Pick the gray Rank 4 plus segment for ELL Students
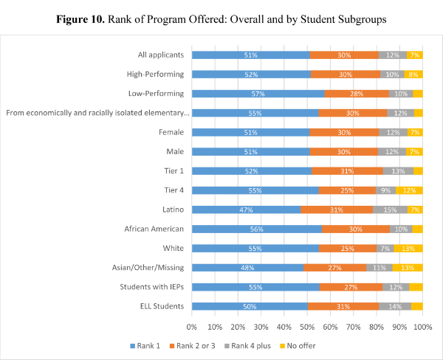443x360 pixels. [x=395, y=306]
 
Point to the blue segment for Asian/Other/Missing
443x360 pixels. [x=247, y=267]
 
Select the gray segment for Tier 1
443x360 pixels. [x=397, y=171]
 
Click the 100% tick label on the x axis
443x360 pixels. [x=422, y=325]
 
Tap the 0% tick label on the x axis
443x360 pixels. [x=192, y=325]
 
